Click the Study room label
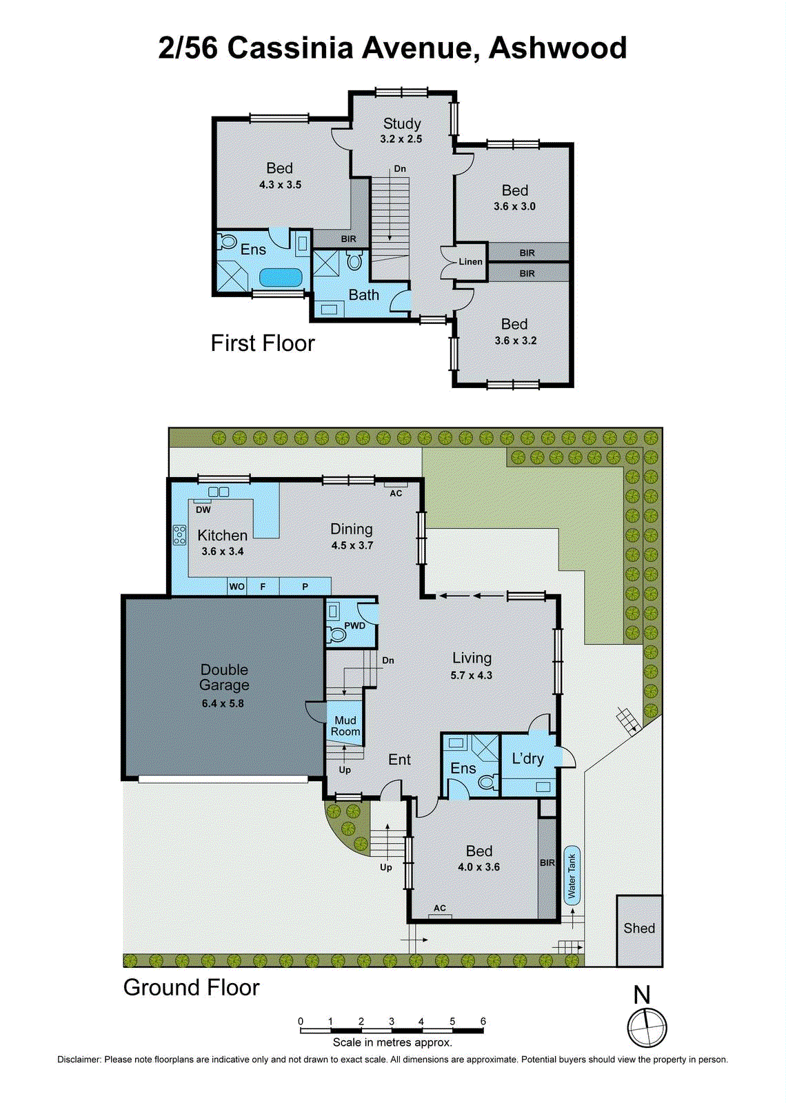tap(402, 123)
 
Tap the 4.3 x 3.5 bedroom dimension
tap(280, 185)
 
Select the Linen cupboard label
tap(471, 262)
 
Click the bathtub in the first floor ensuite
tap(281, 278)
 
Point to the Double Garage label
tap(224, 677)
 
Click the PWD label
tap(354, 626)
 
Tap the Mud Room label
tap(345, 726)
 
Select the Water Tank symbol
tap(572, 876)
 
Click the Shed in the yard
tap(639, 929)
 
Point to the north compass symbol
tap(647, 1027)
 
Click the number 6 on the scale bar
tap(483, 1022)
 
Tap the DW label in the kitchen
tap(203, 510)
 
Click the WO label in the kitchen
tap(236, 587)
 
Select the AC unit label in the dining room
tap(396, 493)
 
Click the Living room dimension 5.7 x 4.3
tap(472, 676)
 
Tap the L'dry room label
tap(527, 758)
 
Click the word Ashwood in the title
tap(558, 48)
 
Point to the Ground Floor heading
tap(191, 987)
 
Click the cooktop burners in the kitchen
tap(180, 535)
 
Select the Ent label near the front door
tap(399, 760)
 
